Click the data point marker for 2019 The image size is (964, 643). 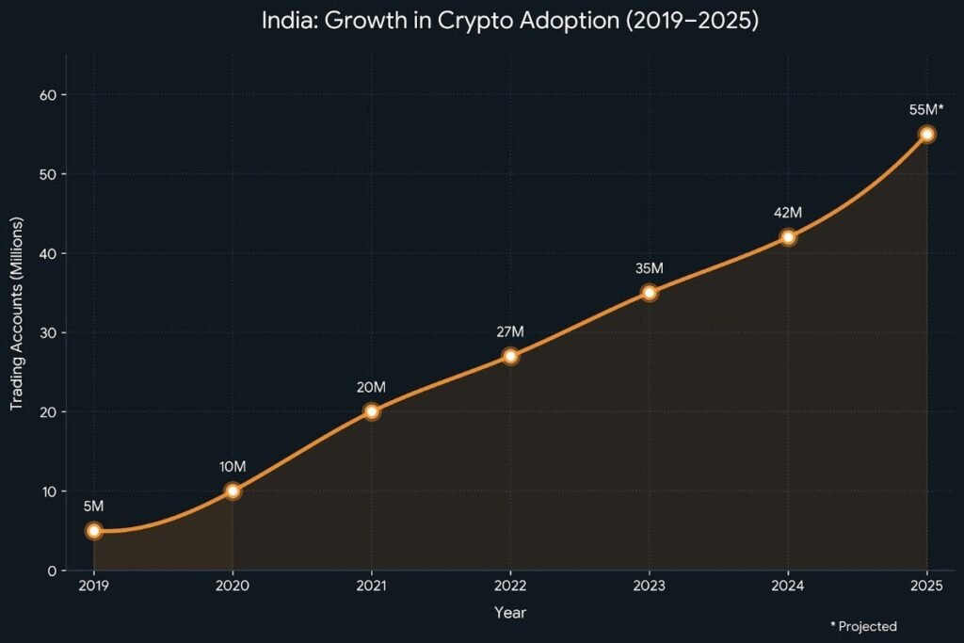pyautogui.click(x=93, y=530)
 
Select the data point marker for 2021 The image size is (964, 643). pyautogui.click(x=371, y=411)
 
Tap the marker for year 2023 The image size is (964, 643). pyautogui.click(x=649, y=293)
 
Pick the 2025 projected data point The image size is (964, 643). pyautogui.click(x=926, y=135)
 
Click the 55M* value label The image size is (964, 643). pyautogui.click(x=926, y=110)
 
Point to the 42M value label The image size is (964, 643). pyautogui.click(x=787, y=213)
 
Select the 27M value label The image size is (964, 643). pyautogui.click(x=509, y=331)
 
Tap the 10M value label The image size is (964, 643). pyautogui.click(x=232, y=467)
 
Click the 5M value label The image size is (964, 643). pyautogui.click(x=93, y=506)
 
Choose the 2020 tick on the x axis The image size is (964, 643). pyautogui.click(x=232, y=586)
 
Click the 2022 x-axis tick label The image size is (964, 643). pyautogui.click(x=509, y=586)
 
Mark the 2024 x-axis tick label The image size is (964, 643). pyautogui.click(x=787, y=586)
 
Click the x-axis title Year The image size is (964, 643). pyautogui.click(x=509, y=613)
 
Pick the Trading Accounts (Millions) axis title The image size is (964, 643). pyautogui.click(x=16, y=313)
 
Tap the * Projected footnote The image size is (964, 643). pyautogui.click(x=863, y=626)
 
